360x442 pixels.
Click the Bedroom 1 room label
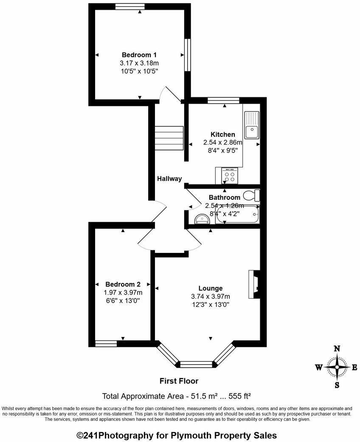coord(139,55)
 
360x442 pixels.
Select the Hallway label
coord(169,179)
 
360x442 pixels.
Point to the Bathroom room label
coord(224,198)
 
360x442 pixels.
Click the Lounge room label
coord(211,289)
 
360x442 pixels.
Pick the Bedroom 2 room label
coord(123,284)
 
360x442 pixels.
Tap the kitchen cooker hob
coord(230,176)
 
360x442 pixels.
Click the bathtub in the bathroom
coord(238,215)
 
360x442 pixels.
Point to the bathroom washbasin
coord(200,218)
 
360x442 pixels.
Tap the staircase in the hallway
coord(169,136)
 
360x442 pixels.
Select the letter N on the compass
coord(337,348)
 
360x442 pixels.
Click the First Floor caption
coord(179,381)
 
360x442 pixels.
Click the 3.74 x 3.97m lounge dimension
coord(211,297)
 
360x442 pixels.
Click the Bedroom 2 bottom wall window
coord(105,343)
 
